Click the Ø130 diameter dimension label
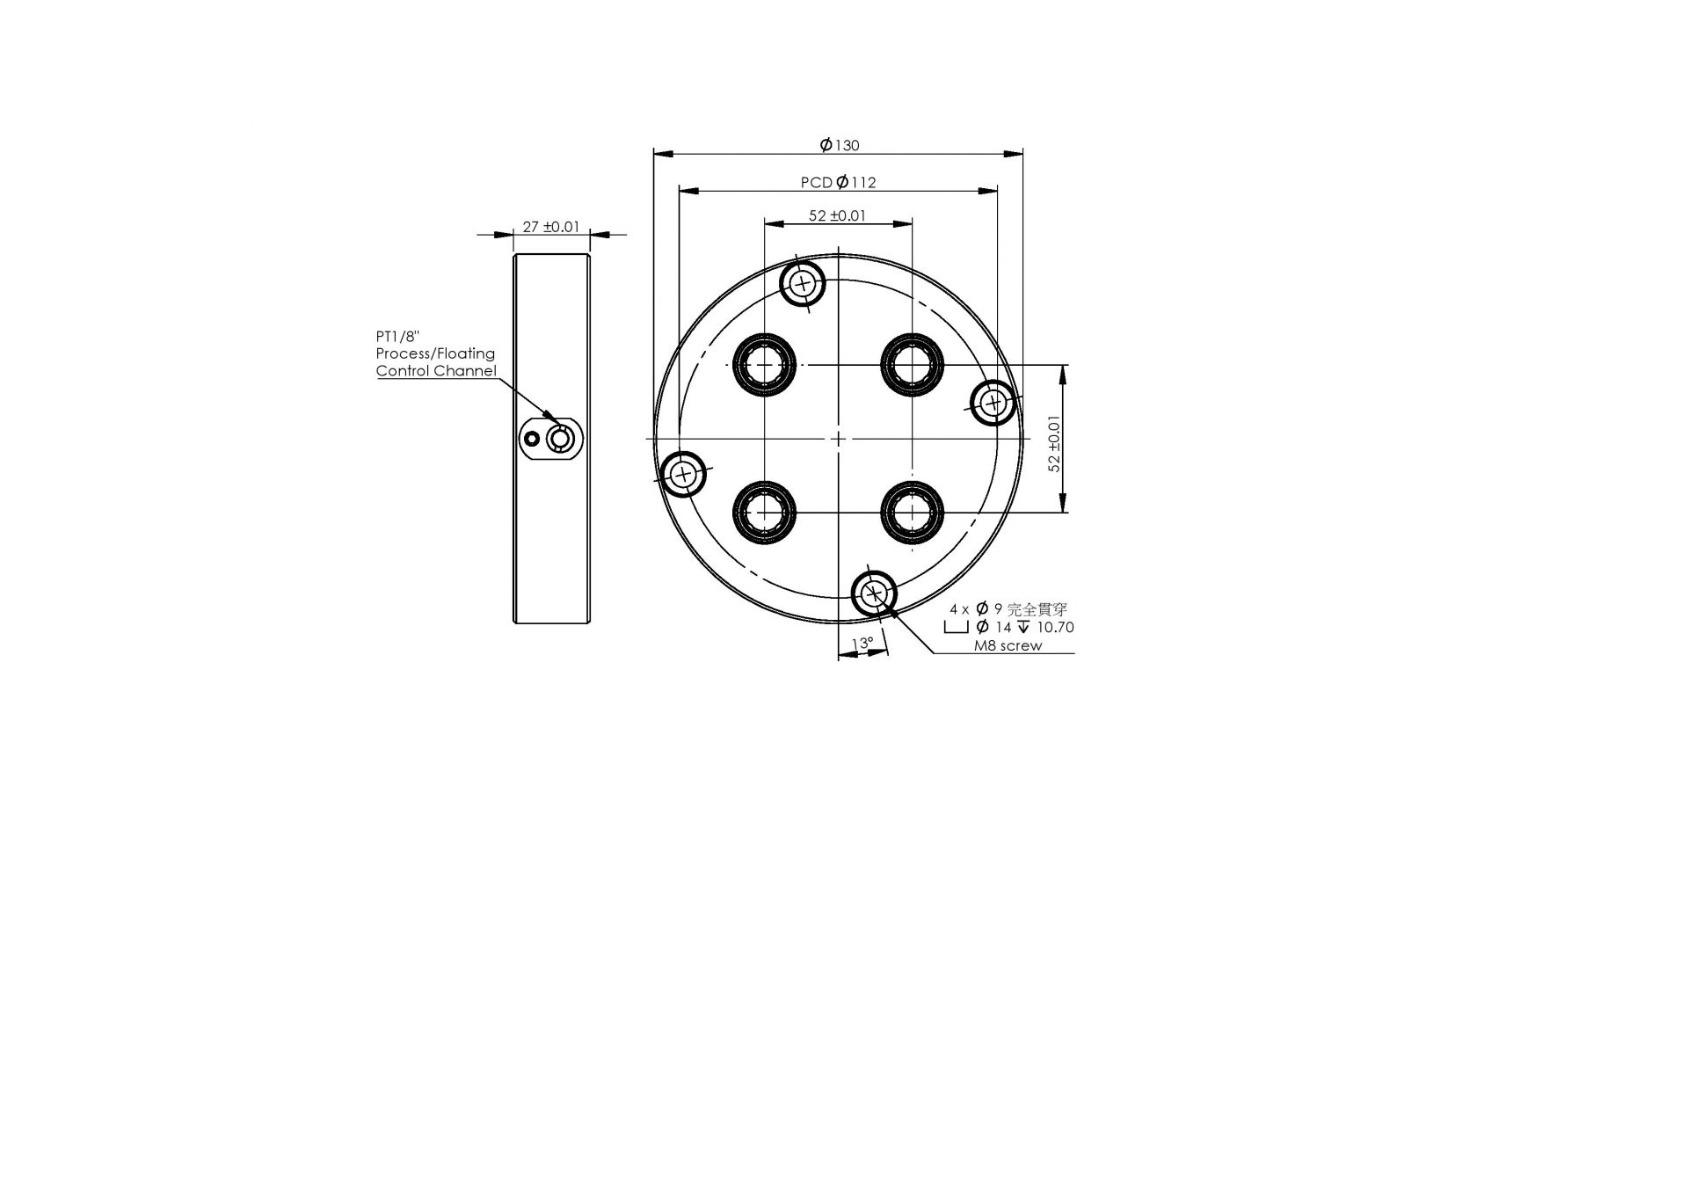(839, 145)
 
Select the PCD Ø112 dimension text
(838, 182)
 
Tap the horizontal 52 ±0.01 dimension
(837, 215)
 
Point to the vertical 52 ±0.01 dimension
(1054, 442)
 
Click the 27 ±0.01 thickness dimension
(550, 226)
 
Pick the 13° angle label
(862, 644)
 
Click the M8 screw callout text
(1008, 645)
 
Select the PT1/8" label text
(398, 336)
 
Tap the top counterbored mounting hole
(803, 283)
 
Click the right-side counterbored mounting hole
(993, 404)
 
